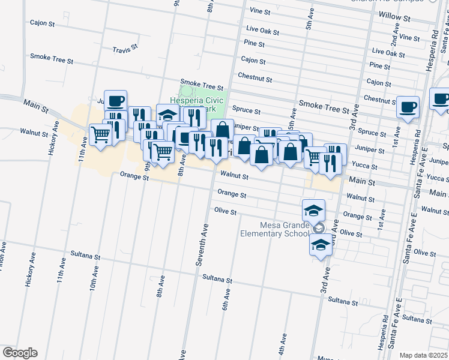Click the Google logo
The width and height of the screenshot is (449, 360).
tap(20, 353)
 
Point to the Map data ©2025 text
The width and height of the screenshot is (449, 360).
tap(424, 355)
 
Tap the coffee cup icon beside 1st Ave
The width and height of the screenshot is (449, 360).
tap(408, 107)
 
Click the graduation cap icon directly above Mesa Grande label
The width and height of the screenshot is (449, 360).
tap(313, 210)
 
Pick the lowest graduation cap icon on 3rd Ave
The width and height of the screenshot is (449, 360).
tap(321, 244)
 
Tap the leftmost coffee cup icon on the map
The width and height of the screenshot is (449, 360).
tap(115, 100)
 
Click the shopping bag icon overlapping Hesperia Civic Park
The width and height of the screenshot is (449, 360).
tap(222, 129)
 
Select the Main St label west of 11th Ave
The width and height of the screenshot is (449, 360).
tap(36, 106)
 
